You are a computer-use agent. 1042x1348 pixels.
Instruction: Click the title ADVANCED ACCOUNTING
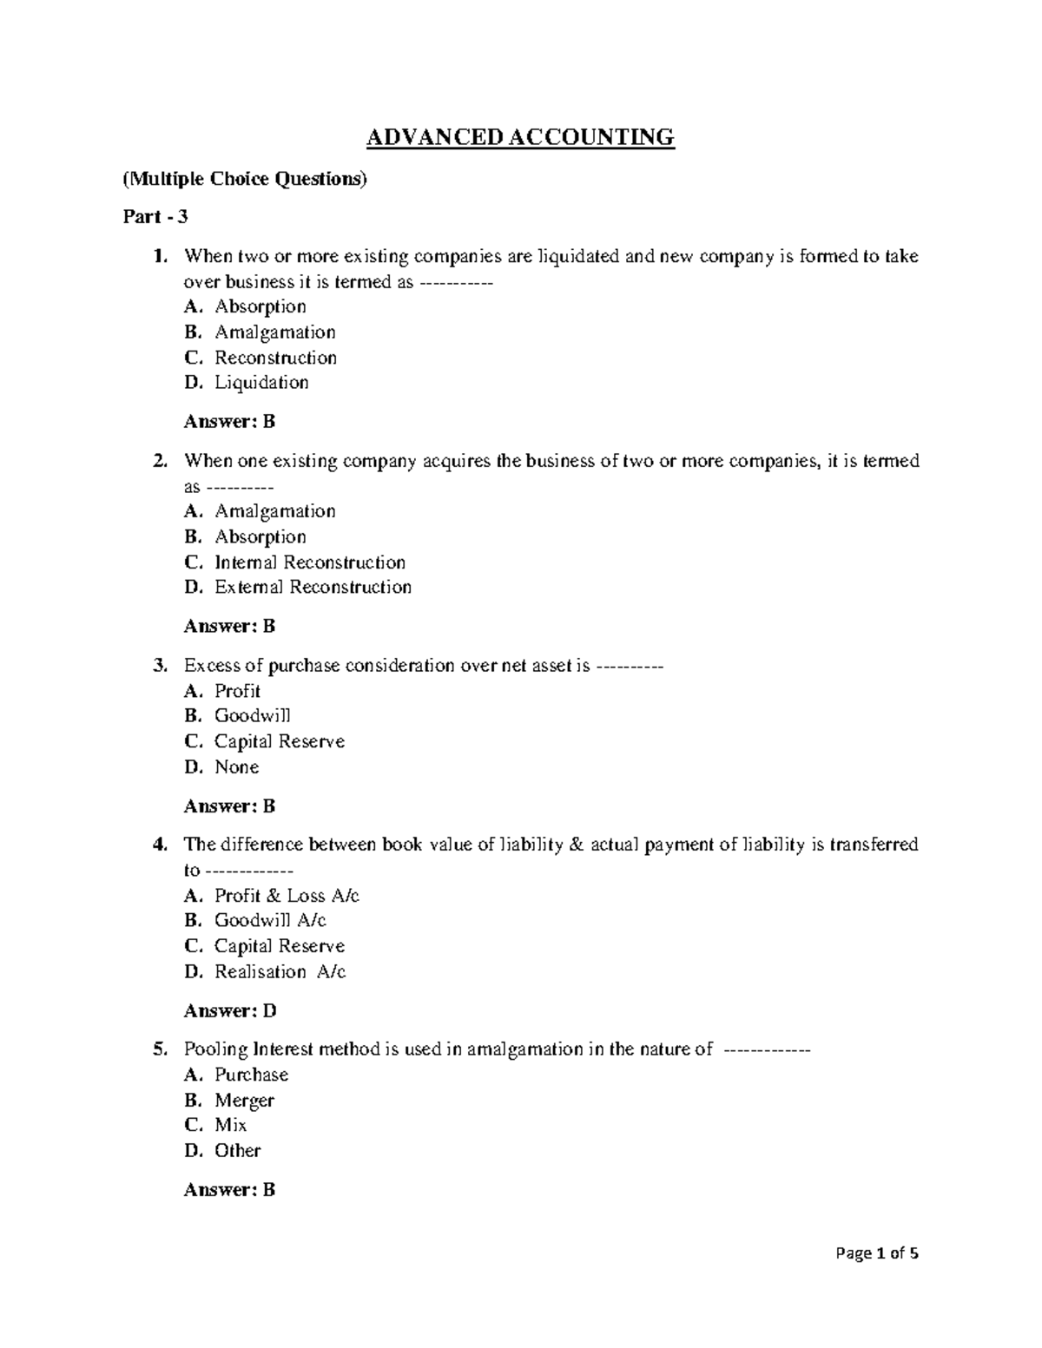[519, 137]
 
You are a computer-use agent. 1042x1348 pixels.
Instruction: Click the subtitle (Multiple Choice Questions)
[246, 179]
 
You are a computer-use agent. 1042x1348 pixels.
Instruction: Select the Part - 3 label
[155, 217]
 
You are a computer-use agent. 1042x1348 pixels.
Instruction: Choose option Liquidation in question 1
[261, 383]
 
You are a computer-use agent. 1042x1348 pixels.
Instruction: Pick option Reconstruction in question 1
[275, 358]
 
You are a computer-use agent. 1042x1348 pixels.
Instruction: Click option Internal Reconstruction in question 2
[310, 562]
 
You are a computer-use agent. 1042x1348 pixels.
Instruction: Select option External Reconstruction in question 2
[313, 588]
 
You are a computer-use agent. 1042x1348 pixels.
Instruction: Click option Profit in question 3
[237, 691]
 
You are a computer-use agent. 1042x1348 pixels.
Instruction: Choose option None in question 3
[236, 767]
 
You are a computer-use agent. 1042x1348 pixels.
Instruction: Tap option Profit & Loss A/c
[287, 896]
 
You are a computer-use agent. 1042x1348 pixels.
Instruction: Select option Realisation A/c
[280, 972]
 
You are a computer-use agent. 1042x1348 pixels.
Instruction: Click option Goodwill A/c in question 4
[270, 921]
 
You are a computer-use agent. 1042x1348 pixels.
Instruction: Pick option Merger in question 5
[244, 1101]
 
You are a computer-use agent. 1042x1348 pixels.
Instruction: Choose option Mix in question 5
[230, 1126]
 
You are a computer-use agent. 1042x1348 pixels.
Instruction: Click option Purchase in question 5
[251, 1075]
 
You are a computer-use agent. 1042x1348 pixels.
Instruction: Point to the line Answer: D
[230, 1011]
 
